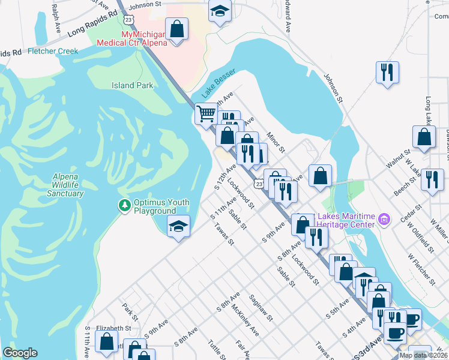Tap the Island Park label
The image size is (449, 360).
(x=132, y=85)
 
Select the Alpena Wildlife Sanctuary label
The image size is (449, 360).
(x=65, y=185)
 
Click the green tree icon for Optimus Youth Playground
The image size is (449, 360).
(x=124, y=205)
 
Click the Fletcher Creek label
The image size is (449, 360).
(x=53, y=52)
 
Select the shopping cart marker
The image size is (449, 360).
(x=206, y=113)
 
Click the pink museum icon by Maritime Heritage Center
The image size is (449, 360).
(x=384, y=220)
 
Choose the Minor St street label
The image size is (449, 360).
(x=275, y=142)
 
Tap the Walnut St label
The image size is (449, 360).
(x=398, y=159)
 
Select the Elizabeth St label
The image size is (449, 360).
(x=113, y=329)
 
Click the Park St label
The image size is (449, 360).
(x=130, y=311)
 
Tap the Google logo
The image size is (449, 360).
(x=20, y=352)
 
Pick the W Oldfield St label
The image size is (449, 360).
(x=420, y=236)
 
